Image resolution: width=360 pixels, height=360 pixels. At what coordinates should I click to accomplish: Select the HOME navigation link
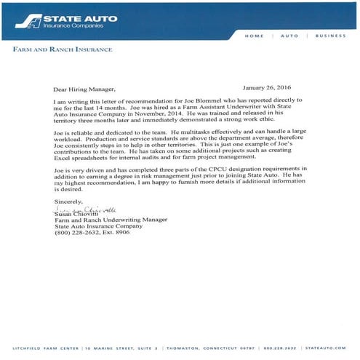[255, 35]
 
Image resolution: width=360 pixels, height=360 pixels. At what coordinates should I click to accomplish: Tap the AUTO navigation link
[290, 35]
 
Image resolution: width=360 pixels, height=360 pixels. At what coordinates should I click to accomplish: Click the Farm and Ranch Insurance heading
[63, 49]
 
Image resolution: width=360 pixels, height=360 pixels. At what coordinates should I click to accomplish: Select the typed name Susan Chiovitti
[76, 215]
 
